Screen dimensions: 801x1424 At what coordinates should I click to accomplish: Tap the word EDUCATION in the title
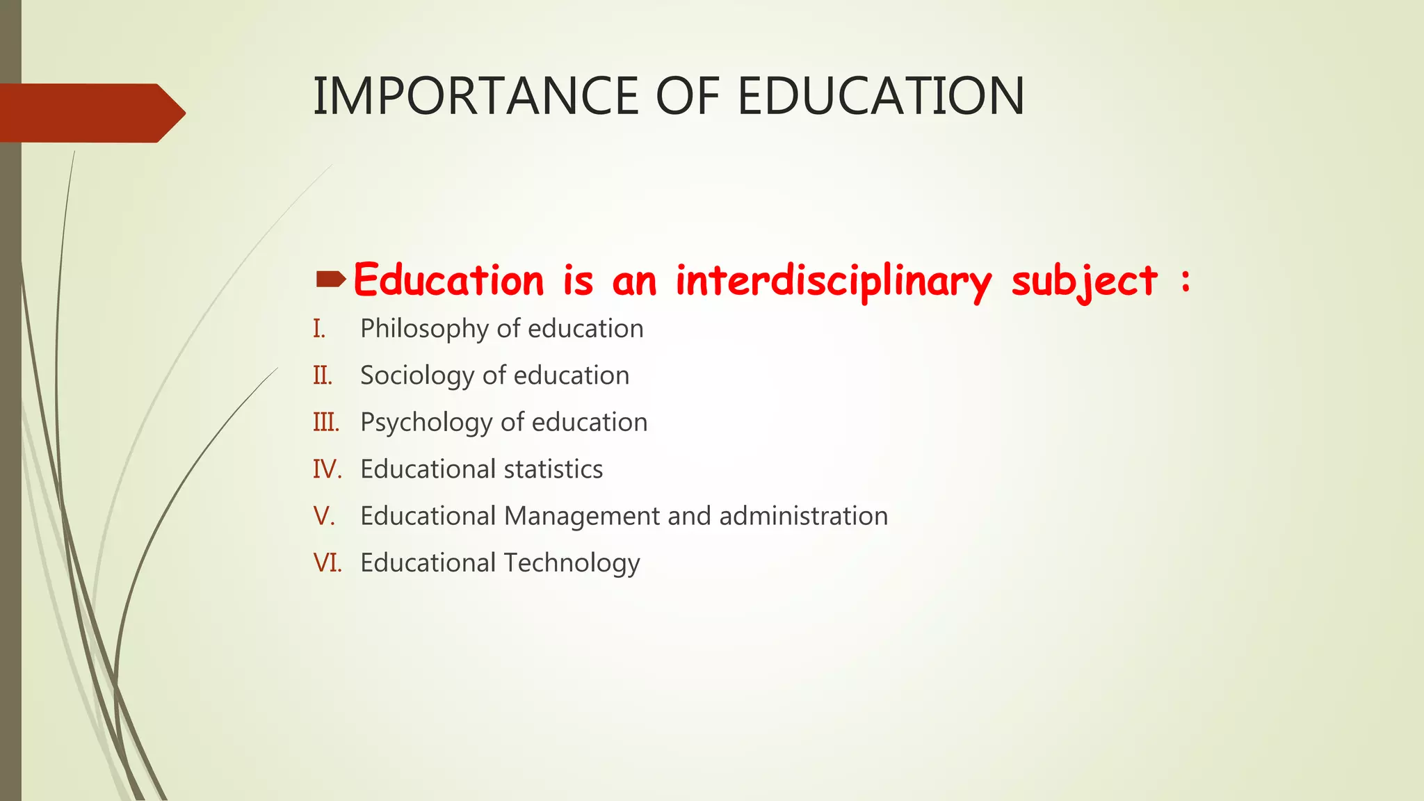pyautogui.click(x=880, y=96)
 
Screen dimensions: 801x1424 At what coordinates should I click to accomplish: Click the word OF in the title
pyautogui.click(x=687, y=96)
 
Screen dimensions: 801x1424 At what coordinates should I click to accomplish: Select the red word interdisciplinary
pyautogui.click(x=833, y=281)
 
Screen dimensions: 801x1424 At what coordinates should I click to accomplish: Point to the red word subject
pyautogui.click(x=1084, y=282)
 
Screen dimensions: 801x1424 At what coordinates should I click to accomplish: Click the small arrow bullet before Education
pyautogui.click(x=330, y=280)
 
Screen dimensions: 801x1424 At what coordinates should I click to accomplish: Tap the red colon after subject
pyautogui.click(x=1186, y=281)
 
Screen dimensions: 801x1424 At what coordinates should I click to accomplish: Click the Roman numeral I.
pyautogui.click(x=319, y=329)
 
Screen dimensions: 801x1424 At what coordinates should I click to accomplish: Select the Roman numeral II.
pyautogui.click(x=323, y=375)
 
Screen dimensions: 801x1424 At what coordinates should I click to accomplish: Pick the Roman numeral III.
pyautogui.click(x=326, y=422)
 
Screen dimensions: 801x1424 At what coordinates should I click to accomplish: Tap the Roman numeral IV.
pyautogui.click(x=327, y=469)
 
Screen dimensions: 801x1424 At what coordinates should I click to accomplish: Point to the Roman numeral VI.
pyautogui.click(x=327, y=563)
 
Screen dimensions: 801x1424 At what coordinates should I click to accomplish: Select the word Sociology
pyautogui.click(x=417, y=376)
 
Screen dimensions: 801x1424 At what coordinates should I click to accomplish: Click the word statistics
pyautogui.click(x=553, y=469)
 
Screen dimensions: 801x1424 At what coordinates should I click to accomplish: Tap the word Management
pyautogui.click(x=582, y=517)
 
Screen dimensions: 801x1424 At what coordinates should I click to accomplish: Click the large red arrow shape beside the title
pyautogui.click(x=90, y=113)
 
